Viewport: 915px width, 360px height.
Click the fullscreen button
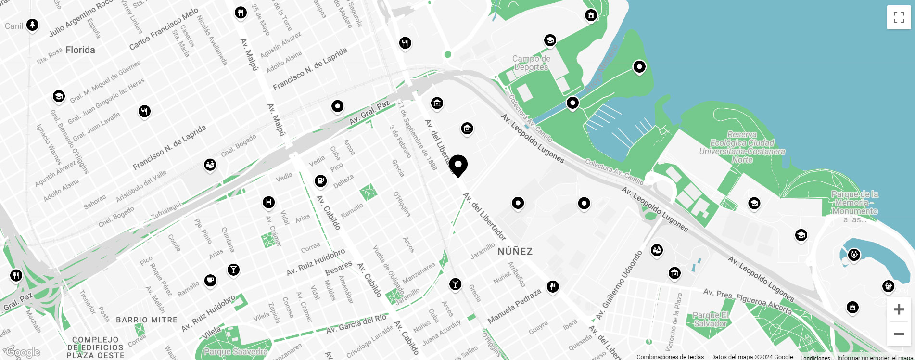pyautogui.click(x=899, y=18)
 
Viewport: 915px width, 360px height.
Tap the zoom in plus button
pyautogui.click(x=899, y=309)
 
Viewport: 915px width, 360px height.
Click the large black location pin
pyautogui.click(x=458, y=165)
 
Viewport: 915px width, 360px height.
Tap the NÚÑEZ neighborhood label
pyautogui.click(x=515, y=251)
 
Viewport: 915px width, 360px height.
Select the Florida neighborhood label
pyautogui.click(x=80, y=50)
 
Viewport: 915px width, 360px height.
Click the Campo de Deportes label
pyautogui.click(x=531, y=63)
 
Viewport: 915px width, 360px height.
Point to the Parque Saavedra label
pyautogui.click(x=235, y=352)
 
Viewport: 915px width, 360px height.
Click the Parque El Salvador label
pyautogui.click(x=711, y=320)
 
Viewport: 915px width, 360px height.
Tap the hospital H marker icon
pyautogui.click(x=269, y=202)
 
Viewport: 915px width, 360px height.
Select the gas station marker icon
pyautogui.click(x=320, y=180)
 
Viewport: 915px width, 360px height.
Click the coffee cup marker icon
pyautogui.click(x=210, y=280)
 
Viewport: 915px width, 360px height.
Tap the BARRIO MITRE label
pyautogui.click(x=147, y=320)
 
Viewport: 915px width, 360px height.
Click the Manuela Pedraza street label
pyautogui.click(x=514, y=306)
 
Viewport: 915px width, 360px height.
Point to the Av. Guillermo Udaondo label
pyautogui.click(x=619, y=286)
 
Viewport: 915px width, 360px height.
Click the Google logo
pyautogui.click(x=23, y=352)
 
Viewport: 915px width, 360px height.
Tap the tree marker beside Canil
pyautogui.click(x=32, y=24)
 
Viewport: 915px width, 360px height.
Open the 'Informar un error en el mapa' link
pyautogui.click(x=875, y=357)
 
